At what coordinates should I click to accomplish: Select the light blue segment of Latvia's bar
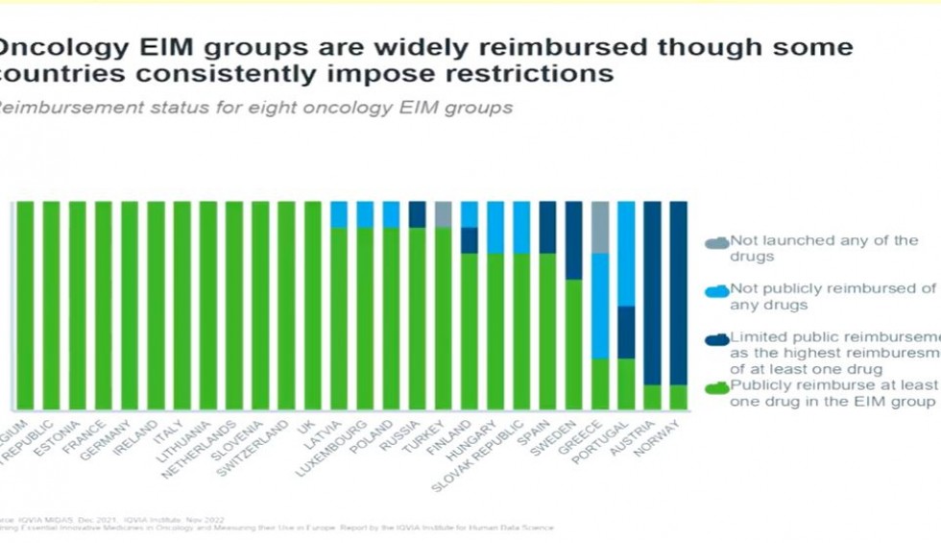(x=339, y=214)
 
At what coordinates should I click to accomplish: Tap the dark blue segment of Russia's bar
(x=417, y=214)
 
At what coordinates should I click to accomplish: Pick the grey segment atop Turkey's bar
(x=443, y=214)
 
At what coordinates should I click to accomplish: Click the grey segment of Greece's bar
(x=600, y=228)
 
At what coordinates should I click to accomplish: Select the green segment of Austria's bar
(x=652, y=397)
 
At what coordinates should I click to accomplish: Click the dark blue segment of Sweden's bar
(x=573, y=240)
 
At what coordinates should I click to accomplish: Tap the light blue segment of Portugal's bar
(x=626, y=254)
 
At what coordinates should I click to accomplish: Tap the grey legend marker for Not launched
(x=717, y=242)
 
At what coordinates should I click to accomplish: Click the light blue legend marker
(x=717, y=290)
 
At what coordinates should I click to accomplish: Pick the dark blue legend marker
(x=717, y=338)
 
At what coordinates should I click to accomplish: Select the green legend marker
(x=717, y=387)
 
